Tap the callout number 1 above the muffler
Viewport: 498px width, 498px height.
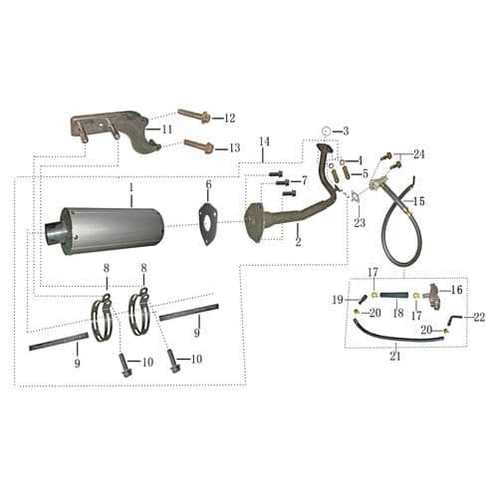(129, 187)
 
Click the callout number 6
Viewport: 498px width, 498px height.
(208, 184)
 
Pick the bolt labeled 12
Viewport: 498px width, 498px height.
(194, 117)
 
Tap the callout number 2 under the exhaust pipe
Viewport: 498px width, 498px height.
(298, 242)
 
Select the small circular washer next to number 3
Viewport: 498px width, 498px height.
(328, 131)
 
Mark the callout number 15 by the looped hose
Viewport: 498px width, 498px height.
(419, 201)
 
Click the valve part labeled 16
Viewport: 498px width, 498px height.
(433, 291)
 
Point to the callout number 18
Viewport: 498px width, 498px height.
(397, 312)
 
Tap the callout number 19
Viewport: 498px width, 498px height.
(337, 299)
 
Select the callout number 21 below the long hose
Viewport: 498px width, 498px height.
(396, 356)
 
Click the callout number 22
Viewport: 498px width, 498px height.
(479, 318)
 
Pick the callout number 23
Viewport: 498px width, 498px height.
(359, 223)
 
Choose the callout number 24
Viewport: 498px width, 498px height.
(419, 154)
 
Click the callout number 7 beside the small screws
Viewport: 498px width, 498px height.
(304, 180)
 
